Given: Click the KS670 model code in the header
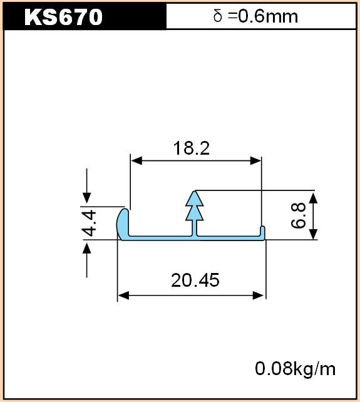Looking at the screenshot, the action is (63, 17).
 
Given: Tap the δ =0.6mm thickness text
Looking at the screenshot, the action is (255, 16).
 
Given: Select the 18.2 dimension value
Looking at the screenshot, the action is (192, 148).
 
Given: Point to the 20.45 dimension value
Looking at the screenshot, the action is (195, 280).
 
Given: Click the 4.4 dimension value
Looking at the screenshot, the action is (90, 223).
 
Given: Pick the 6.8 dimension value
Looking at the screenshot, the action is (299, 215).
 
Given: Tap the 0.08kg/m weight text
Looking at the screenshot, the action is (295, 369).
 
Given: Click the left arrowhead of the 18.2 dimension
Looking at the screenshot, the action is (136, 161).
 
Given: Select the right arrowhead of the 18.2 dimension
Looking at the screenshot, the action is (255, 161).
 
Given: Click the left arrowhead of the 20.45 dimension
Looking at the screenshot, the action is (123, 296).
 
